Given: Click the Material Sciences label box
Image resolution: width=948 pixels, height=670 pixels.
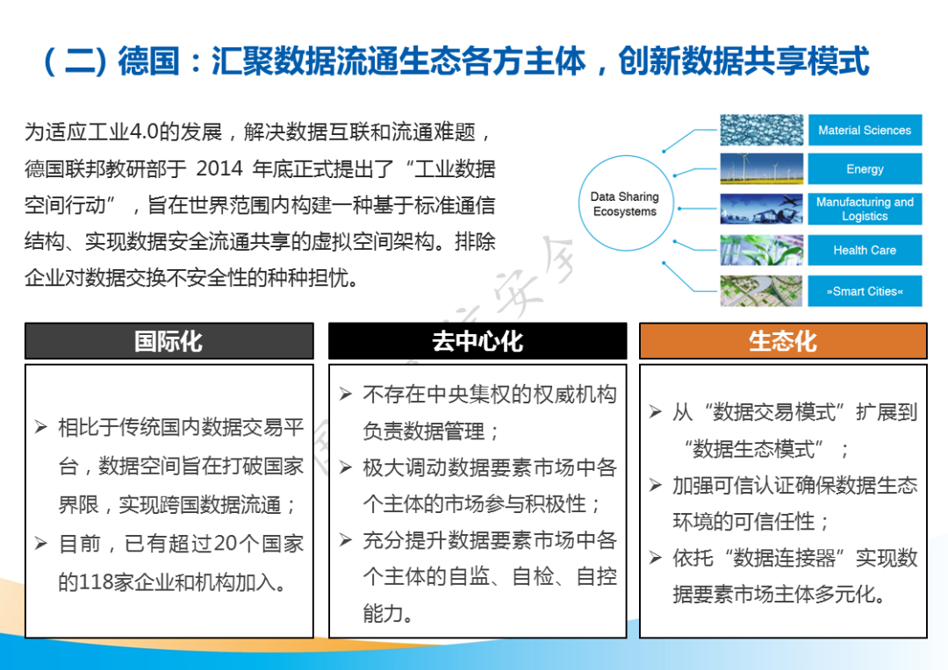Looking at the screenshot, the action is (x=865, y=130).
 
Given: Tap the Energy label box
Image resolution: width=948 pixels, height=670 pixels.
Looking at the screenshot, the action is (x=865, y=168).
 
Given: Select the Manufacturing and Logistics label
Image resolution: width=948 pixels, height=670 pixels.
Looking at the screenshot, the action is (x=865, y=209).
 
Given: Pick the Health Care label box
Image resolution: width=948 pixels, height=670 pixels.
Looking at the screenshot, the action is (x=865, y=250).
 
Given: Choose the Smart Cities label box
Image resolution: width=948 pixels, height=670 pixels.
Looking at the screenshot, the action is (x=865, y=291).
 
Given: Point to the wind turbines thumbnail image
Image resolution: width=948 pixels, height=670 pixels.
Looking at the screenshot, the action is (x=762, y=168).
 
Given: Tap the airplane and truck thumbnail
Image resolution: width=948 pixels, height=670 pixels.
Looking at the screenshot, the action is (x=762, y=209).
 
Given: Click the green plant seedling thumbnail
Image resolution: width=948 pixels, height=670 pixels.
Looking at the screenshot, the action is (x=762, y=250).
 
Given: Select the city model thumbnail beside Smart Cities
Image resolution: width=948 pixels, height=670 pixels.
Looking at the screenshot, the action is (x=762, y=291).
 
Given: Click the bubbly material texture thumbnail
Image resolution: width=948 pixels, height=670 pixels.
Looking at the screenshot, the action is (x=762, y=130).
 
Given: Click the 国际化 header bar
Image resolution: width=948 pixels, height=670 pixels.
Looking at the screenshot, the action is (x=169, y=341).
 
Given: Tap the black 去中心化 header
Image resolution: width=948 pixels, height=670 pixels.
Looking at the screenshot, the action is (x=478, y=341).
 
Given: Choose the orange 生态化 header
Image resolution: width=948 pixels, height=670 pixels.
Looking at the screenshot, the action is (x=783, y=341).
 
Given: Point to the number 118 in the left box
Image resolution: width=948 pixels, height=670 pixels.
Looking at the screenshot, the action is (x=96, y=582).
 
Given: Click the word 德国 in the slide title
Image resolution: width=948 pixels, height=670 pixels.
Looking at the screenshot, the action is (x=148, y=61).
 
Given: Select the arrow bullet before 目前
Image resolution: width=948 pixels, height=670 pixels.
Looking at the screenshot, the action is (x=41, y=543).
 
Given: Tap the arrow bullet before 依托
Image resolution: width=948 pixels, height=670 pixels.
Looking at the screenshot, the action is (x=656, y=557).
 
